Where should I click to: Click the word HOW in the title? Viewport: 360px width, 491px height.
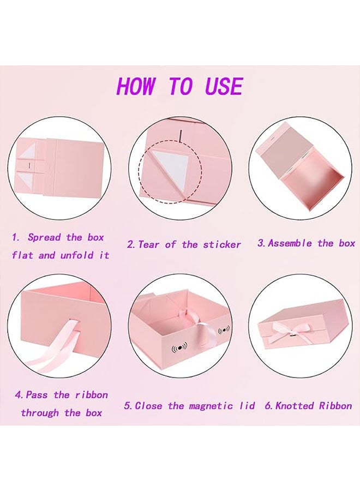point(136,86)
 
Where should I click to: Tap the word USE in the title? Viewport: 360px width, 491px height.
point(224,86)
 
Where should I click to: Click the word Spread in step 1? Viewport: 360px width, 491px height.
point(44,237)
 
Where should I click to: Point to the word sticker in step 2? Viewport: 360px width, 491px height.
point(222,244)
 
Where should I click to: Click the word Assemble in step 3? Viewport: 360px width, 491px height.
point(290,243)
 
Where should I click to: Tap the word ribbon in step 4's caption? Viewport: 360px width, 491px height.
point(92,395)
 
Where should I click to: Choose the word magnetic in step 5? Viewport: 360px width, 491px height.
point(211,406)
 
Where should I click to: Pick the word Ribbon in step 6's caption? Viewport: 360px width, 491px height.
point(335,406)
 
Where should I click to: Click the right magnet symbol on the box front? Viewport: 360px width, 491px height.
point(224,331)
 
